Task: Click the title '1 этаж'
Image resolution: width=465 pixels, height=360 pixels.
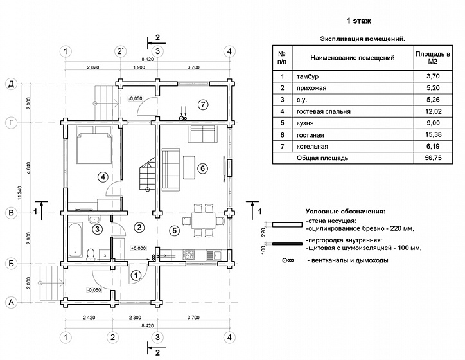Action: pos(359,21)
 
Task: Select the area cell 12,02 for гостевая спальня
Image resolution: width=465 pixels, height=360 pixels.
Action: pos(434,111)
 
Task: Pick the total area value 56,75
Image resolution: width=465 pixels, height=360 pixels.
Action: pos(434,158)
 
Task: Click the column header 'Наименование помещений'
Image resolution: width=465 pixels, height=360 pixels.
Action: pos(353,58)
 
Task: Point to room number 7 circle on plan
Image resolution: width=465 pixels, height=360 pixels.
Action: pos(203,105)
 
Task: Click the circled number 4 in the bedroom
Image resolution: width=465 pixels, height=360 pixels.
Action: pos(103,177)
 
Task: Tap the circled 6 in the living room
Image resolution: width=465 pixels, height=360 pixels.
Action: pos(203,168)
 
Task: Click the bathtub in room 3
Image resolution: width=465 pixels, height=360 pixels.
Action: pos(75,240)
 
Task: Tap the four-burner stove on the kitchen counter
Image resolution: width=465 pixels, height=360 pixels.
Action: pos(189,255)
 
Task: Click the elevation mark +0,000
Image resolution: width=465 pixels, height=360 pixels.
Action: pos(138,248)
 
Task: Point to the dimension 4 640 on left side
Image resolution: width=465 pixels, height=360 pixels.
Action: pos(29,168)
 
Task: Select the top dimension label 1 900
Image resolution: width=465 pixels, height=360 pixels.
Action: pos(139,67)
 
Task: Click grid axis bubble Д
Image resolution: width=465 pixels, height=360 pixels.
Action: pos(12,84)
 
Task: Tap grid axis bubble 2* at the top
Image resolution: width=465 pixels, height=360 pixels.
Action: pos(120,51)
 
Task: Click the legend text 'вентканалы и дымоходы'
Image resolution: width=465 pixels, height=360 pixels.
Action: pos(349,260)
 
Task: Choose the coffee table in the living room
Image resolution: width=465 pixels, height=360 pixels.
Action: pos(189,167)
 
